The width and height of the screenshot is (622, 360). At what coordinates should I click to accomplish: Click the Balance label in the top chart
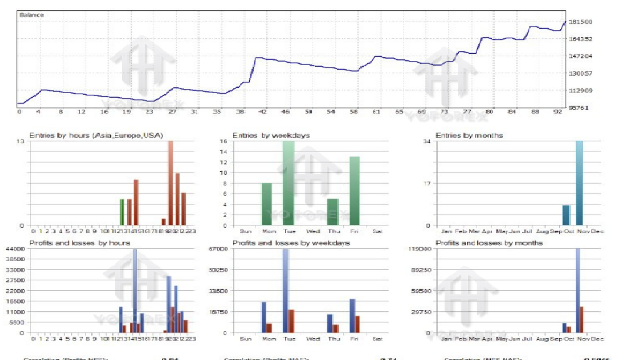click(32, 15)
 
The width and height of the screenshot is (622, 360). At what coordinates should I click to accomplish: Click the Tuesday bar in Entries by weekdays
click(289, 184)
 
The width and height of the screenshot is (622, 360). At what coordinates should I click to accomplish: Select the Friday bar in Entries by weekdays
click(354, 191)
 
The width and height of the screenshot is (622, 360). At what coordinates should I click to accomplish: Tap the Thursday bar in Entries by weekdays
click(332, 212)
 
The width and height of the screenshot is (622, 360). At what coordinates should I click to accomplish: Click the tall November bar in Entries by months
click(580, 184)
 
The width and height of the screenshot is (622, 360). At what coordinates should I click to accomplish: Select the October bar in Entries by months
click(566, 215)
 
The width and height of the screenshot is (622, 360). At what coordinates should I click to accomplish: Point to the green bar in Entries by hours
click(122, 212)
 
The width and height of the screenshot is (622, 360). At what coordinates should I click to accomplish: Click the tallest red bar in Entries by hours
click(171, 184)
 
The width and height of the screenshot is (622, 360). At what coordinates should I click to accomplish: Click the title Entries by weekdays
click(271, 136)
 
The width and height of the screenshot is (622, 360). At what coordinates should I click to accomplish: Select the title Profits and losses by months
click(489, 243)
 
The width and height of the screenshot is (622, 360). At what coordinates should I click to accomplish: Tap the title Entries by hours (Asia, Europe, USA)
click(96, 136)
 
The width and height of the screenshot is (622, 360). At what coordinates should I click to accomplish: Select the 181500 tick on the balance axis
click(580, 22)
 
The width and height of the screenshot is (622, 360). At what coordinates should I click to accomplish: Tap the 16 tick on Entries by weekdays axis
click(224, 141)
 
